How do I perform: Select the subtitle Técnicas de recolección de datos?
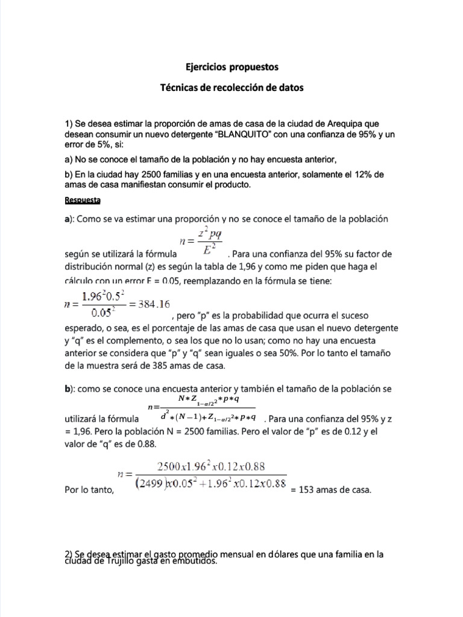coord(231,87)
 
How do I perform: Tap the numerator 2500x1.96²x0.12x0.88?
coord(211,467)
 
